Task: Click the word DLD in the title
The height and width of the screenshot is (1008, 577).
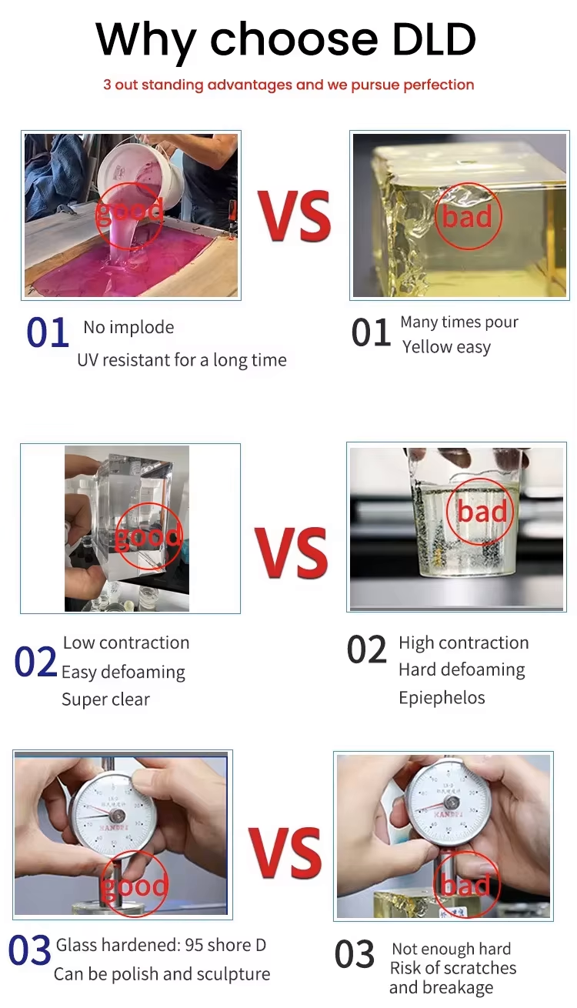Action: click(434, 39)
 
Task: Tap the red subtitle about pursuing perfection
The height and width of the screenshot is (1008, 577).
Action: click(288, 85)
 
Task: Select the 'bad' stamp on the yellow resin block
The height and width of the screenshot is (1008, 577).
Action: click(467, 216)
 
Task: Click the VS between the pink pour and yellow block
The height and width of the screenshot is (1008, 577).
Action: click(295, 216)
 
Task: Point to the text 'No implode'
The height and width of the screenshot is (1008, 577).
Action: click(128, 327)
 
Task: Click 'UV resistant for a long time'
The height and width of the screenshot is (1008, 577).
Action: click(182, 360)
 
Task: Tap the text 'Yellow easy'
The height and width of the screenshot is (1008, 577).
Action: click(446, 347)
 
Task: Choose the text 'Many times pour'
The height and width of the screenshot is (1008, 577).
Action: click(459, 322)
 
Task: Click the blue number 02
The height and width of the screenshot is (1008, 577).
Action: click(35, 662)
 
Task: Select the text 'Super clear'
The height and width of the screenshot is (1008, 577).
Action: click(105, 699)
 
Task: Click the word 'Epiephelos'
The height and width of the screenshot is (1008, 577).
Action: click(442, 698)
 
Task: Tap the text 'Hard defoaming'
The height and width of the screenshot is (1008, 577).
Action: click(462, 669)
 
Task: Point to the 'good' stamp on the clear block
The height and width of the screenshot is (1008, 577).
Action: click(148, 536)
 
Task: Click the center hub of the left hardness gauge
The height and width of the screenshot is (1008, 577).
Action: click(118, 816)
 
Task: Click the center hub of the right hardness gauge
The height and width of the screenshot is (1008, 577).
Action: click(452, 803)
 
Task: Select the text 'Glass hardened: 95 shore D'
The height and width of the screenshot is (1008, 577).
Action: click(161, 945)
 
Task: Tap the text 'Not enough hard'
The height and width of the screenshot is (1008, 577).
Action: click(452, 949)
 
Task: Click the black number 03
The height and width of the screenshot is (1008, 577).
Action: click(355, 954)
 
